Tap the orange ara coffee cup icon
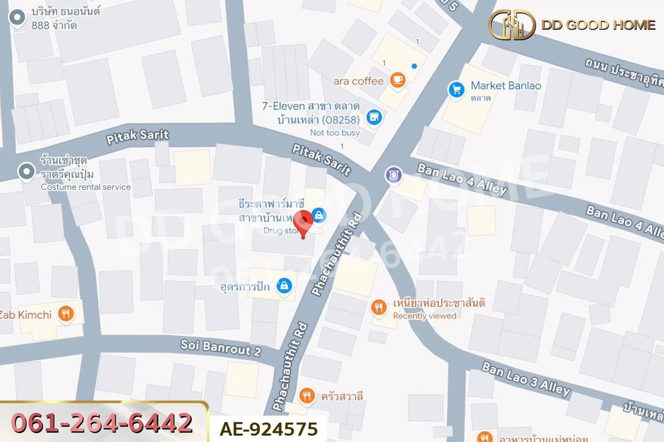pyautogui.click(x=397, y=80)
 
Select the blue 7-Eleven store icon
pyautogui.click(x=374, y=117)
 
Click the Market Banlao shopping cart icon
pyautogui.click(x=456, y=89)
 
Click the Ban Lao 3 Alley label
pyautogui.click(x=525, y=379)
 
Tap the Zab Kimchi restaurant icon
pyautogui.click(x=66, y=314)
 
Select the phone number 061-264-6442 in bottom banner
pyautogui.click(x=102, y=423)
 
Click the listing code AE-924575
pyautogui.click(x=268, y=429)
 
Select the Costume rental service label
pyautogui.click(x=86, y=187)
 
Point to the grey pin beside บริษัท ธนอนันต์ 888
pyautogui.click(x=18, y=18)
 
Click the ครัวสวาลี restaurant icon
pyautogui.click(x=307, y=396)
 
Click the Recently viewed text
pyautogui.click(x=424, y=316)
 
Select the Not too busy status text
pyautogui.click(x=335, y=133)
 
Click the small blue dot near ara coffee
pyautogui.click(x=414, y=66)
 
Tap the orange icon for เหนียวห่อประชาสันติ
pyautogui.click(x=379, y=307)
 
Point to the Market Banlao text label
pyautogui.click(x=506, y=86)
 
